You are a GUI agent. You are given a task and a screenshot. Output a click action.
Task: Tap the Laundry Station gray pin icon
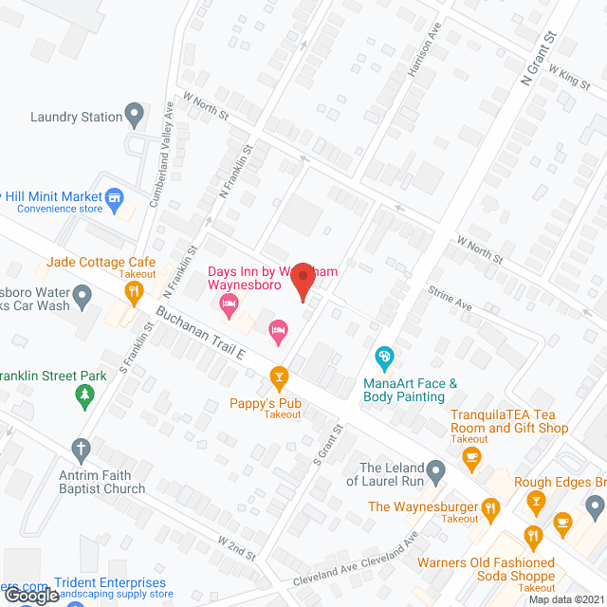point(135,117)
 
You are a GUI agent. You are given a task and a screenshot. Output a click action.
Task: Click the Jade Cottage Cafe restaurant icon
point(134,291)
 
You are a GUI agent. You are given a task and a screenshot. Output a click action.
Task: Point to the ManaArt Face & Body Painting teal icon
point(384,359)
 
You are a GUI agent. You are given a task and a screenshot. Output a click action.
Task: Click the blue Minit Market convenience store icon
point(116,198)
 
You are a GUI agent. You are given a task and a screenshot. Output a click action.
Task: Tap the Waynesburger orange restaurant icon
point(490,508)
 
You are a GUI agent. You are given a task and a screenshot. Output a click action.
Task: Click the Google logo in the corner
point(31,596)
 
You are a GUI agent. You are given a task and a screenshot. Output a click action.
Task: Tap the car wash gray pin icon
point(83,300)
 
